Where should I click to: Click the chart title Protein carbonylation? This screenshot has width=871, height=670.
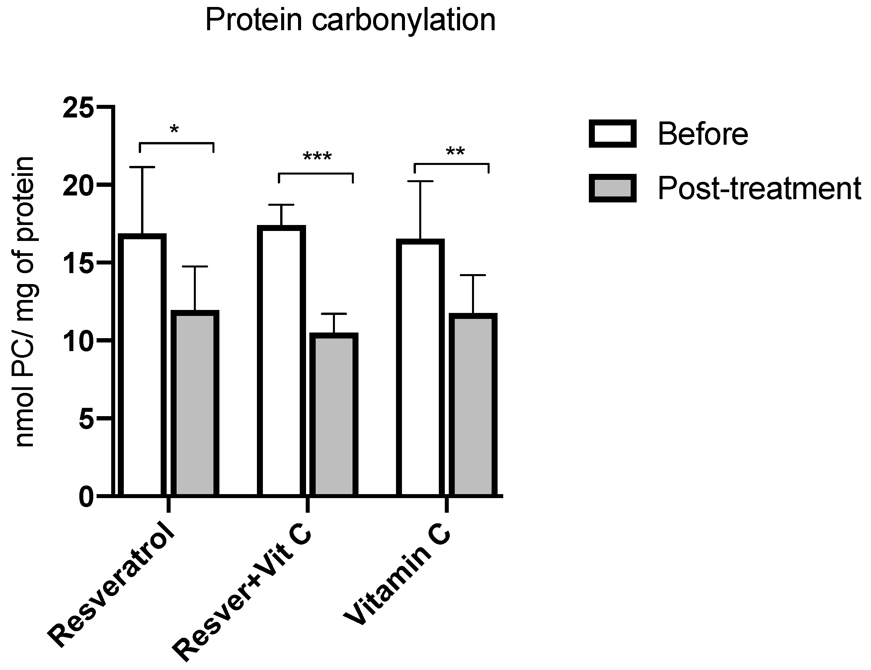(350, 21)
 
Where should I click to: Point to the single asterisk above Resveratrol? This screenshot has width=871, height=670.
(174, 130)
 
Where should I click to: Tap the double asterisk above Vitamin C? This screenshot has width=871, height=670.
(455, 152)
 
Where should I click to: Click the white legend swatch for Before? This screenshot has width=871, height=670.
(612, 134)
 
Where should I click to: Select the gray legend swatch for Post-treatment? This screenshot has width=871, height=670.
(612, 188)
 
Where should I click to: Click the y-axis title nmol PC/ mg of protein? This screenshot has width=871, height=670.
(25, 302)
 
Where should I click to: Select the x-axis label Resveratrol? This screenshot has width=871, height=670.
(112, 590)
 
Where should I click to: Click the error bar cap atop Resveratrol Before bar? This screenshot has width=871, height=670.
(142, 167)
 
